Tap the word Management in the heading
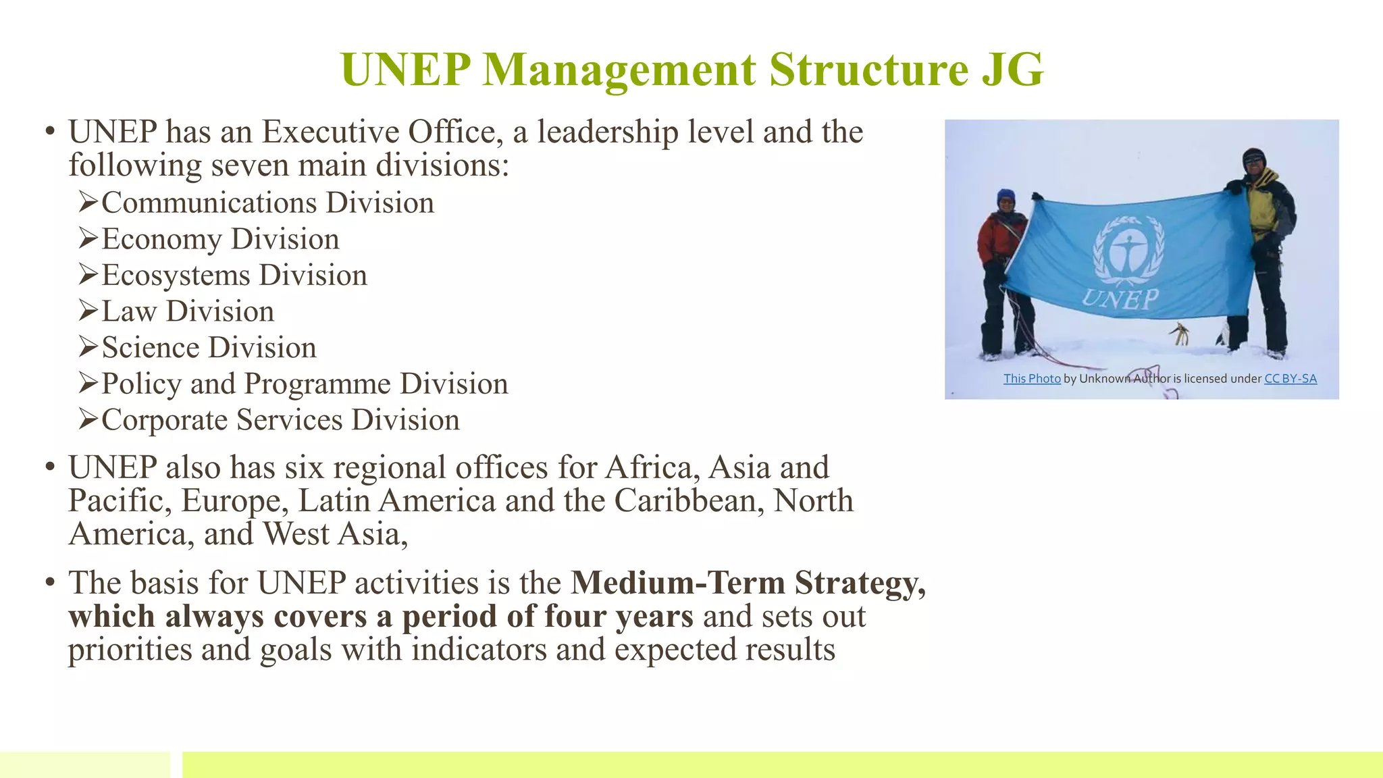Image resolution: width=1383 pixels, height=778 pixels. tap(620, 70)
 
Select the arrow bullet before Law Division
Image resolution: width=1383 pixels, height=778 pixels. tap(88, 311)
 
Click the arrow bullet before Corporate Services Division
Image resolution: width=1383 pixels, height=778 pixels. tap(88, 419)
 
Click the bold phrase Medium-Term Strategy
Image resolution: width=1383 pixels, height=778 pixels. tap(748, 583)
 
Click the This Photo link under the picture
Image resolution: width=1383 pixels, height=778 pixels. tap(1031, 379)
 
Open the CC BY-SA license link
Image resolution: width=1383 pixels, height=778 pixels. tap(1290, 379)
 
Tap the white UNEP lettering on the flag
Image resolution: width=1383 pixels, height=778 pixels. tap(1120, 299)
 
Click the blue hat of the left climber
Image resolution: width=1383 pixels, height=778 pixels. tap(1006, 195)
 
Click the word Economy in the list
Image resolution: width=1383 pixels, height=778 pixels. tap(161, 239)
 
